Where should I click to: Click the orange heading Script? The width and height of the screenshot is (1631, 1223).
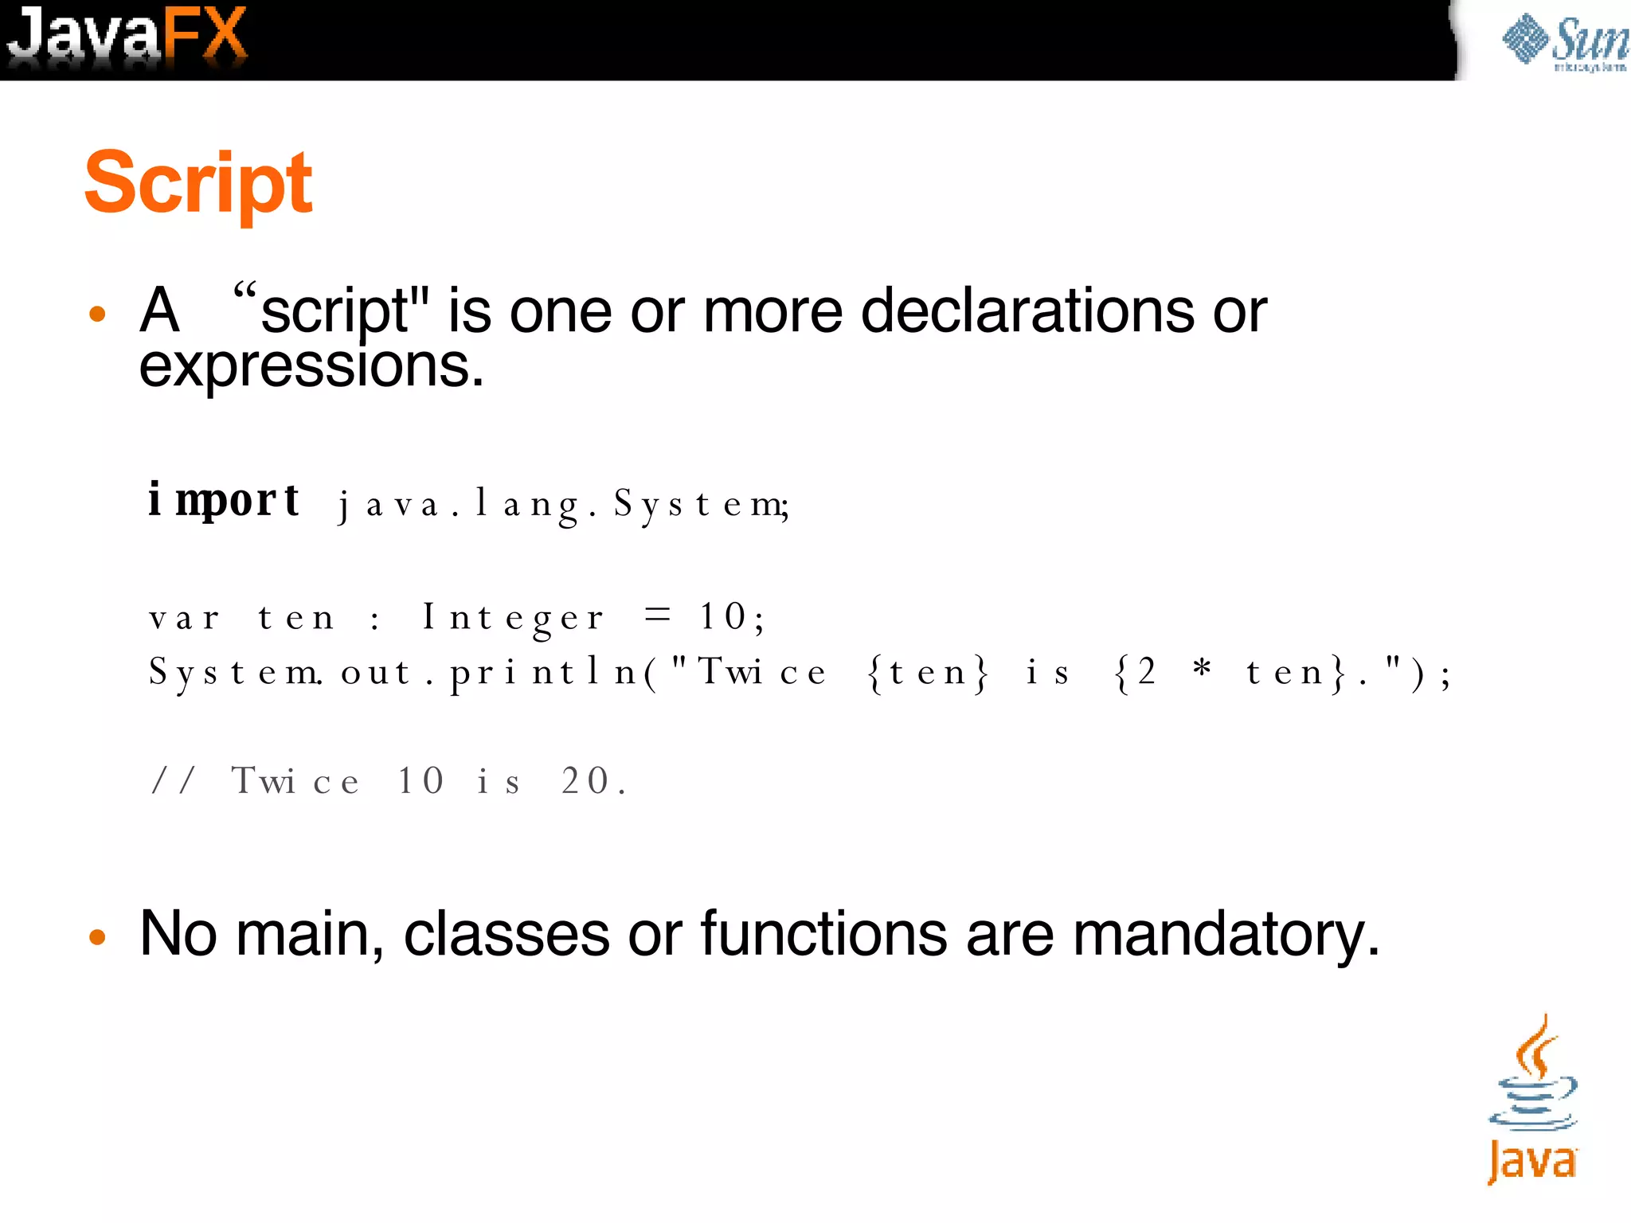(x=198, y=183)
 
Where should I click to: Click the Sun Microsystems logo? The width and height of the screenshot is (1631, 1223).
(x=1563, y=41)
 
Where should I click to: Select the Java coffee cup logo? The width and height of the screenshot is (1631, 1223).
(x=1532, y=1099)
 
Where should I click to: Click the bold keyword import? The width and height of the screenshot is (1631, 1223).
(x=224, y=501)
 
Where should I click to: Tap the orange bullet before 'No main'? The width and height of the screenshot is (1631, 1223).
(x=97, y=937)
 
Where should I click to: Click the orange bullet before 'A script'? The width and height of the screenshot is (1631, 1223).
(x=97, y=314)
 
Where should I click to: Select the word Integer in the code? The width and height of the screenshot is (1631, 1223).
(x=513, y=618)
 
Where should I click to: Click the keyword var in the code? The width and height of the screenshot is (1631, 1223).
(x=184, y=618)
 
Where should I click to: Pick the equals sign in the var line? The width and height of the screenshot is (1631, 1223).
(x=658, y=614)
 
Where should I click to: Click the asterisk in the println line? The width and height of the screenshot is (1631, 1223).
(x=1202, y=669)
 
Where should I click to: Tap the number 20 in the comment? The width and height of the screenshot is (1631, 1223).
(x=586, y=780)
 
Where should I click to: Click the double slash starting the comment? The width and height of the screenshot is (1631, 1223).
(x=173, y=780)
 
